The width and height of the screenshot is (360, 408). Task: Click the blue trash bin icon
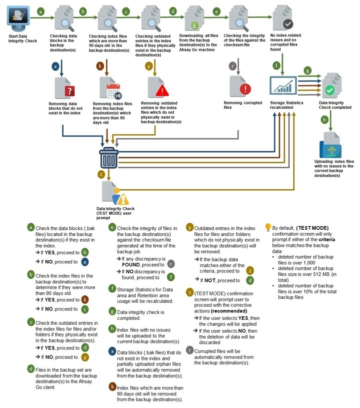(109, 158)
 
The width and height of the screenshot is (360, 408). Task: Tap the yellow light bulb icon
(267, 227)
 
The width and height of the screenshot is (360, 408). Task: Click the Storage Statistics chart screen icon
(283, 86)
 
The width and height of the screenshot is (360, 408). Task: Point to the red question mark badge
(69, 91)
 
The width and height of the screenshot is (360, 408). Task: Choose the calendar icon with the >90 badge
(114, 91)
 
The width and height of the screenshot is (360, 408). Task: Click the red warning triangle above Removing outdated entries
(162, 91)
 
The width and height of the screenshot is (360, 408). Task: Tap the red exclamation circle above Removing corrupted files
(245, 89)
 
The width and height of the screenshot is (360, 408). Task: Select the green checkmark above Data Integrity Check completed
(329, 90)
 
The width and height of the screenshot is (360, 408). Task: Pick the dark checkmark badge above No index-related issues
(288, 24)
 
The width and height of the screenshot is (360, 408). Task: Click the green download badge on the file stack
(194, 26)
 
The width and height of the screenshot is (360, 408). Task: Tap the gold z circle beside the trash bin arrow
(101, 174)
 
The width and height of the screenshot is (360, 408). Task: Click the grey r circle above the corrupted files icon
(232, 66)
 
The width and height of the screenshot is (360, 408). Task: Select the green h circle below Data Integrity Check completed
(324, 120)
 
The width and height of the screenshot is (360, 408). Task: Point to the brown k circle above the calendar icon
(100, 66)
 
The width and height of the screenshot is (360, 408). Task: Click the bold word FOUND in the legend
(130, 265)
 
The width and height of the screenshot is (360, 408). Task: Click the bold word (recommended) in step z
(229, 311)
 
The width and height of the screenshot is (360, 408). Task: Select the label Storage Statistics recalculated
(286, 105)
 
